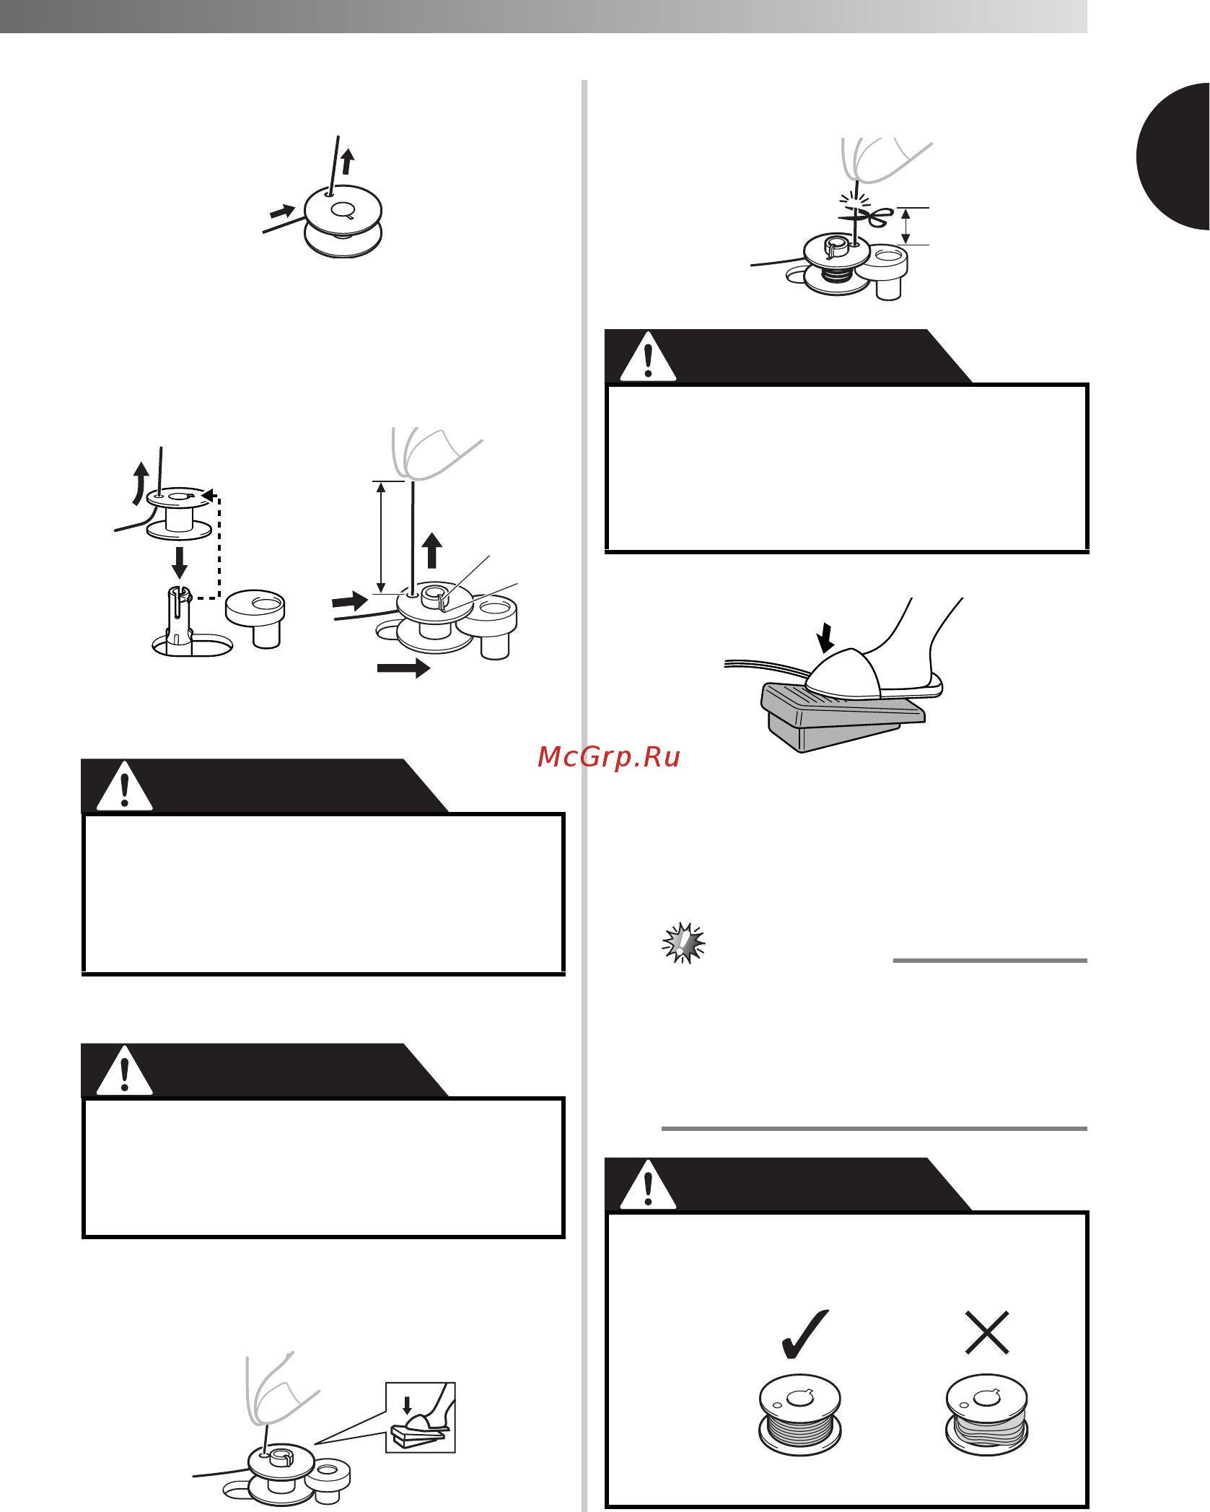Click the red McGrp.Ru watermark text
coord(609,757)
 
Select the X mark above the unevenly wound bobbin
coord(986,1332)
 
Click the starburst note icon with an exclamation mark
coord(683,943)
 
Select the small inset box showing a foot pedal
coord(421,1417)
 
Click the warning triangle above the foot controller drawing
coord(648,357)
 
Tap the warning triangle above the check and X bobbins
coord(648,1186)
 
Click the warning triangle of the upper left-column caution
coord(125,787)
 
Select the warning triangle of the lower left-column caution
coord(125,1071)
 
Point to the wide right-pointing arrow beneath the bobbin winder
coord(403,668)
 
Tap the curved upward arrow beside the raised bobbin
coord(139,483)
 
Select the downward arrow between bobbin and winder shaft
coord(180,562)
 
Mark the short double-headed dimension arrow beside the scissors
coord(906,226)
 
